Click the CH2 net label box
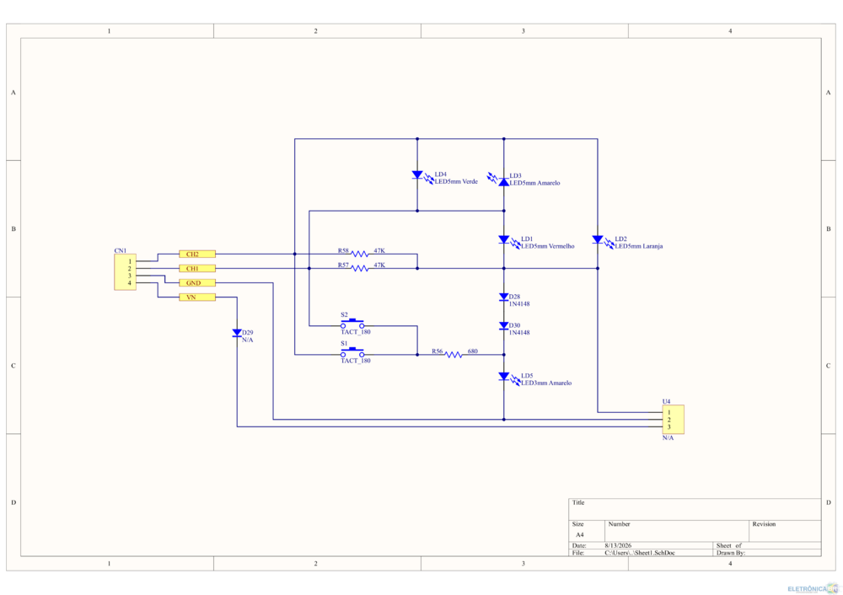197,255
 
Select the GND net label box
197,282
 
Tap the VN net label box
197,297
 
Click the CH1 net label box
197,268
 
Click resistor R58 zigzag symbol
360,254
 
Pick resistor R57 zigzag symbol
360,268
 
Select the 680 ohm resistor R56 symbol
454,355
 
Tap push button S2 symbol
352,324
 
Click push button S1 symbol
352,353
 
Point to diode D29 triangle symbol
237,333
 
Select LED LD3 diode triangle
504,182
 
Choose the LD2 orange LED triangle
598,239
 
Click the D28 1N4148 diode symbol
504,297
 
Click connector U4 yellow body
673,419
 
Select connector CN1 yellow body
125,272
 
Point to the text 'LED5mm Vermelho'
547,246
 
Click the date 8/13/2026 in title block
618,545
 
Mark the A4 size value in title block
580,535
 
